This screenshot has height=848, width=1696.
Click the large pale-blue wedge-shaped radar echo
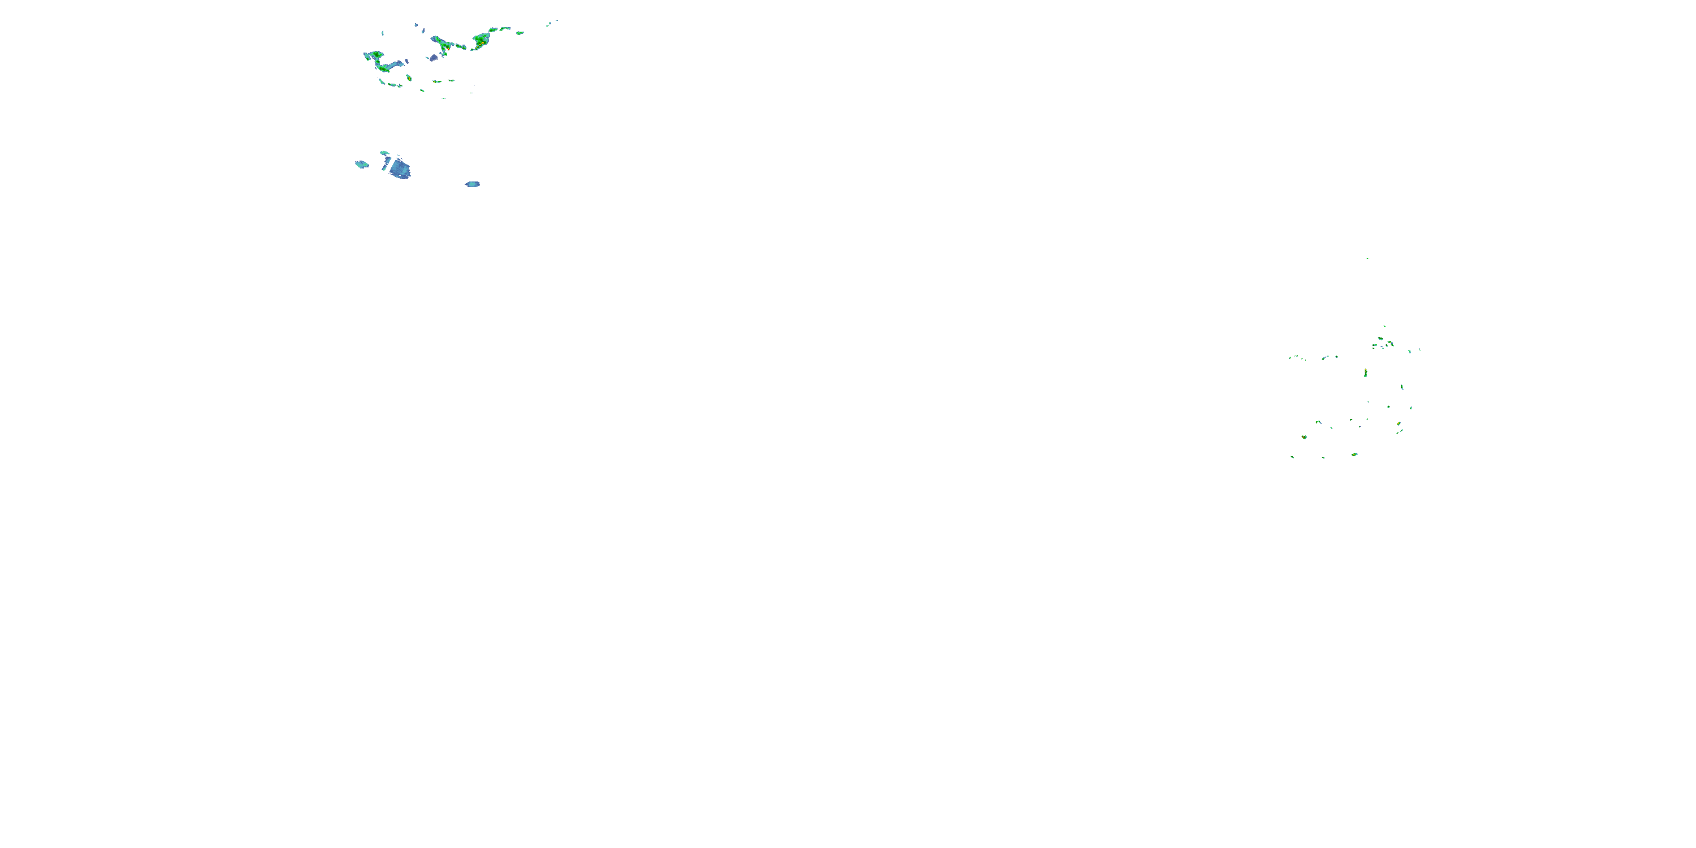coord(400,169)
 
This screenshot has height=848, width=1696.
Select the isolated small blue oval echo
coord(473,184)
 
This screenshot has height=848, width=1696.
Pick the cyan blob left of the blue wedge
coord(361,164)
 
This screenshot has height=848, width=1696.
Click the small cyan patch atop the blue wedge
coord(384,153)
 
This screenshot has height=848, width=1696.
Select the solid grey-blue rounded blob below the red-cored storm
coord(433,58)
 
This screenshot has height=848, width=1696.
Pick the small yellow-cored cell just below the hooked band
coord(409,79)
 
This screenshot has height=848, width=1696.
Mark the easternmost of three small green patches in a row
coord(451,81)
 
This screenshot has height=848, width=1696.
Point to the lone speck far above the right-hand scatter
coord(1367,258)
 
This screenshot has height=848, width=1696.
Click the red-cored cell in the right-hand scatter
coord(1304,436)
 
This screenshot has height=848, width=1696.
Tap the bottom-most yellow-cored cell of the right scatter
coord(1355,455)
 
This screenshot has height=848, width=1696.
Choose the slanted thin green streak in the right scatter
coord(1399,432)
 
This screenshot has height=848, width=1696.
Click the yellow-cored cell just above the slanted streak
coord(1399,423)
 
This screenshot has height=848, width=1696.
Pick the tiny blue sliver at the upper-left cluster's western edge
coord(383,33)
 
